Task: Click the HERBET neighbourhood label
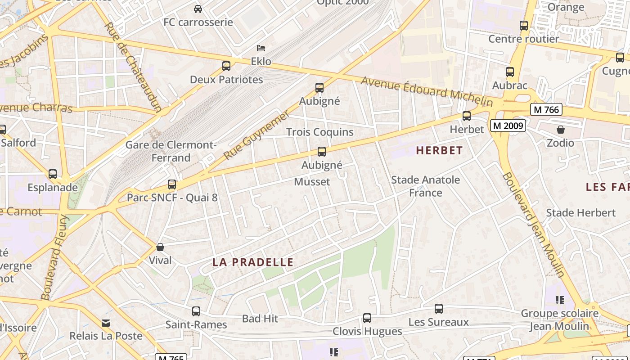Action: pyautogui.click(x=439, y=150)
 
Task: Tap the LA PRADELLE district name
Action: pyautogui.click(x=253, y=262)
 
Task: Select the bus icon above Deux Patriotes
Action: pyautogui.click(x=226, y=66)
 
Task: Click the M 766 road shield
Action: pyautogui.click(x=546, y=109)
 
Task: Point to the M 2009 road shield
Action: pyautogui.click(x=508, y=126)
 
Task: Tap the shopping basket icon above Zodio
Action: pyautogui.click(x=561, y=130)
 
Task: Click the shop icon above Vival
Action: pyautogui.click(x=160, y=247)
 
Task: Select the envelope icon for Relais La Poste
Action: pyautogui.click(x=106, y=323)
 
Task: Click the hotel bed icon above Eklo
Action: pyautogui.click(x=261, y=48)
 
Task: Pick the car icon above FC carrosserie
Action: pyautogui.click(x=198, y=9)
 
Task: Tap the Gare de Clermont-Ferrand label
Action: pyautogui.click(x=171, y=151)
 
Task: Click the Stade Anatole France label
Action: pyautogui.click(x=426, y=186)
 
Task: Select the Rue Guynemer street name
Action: pyautogui.click(x=257, y=135)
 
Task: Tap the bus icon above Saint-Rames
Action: pyautogui.click(x=196, y=311)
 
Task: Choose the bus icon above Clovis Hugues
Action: pyautogui.click(x=367, y=318)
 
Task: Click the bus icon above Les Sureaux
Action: pyautogui.click(x=439, y=309)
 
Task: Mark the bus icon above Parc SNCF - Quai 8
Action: pyautogui.click(x=172, y=184)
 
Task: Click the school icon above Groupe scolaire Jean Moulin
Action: pyautogui.click(x=560, y=300)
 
